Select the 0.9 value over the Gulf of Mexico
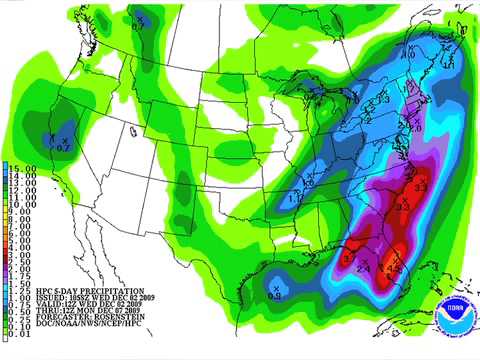click(x=275, y=297)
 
